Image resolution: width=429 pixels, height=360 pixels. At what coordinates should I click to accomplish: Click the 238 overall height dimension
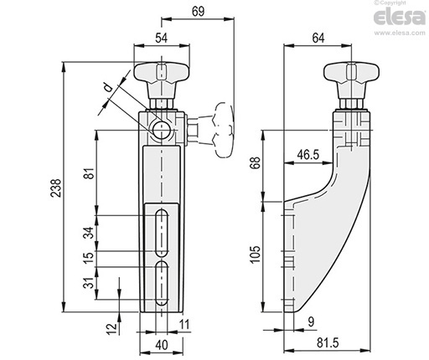click(x=56, y=188)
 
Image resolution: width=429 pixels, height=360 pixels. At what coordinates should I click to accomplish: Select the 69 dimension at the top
click(x=199, y=12)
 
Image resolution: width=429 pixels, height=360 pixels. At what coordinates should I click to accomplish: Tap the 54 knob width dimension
click(x=162, y=38)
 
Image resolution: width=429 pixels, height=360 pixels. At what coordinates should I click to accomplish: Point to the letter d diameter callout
click(x=108, y=88)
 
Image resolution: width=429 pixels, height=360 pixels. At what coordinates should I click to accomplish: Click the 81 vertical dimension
click(x=90, y=173)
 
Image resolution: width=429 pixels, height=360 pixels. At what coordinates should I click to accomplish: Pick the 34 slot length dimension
click(x=89, y=233)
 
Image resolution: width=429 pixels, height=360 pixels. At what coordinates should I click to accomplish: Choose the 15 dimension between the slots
click(x=89, y=258)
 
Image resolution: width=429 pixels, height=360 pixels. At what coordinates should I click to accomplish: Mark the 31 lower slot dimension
click(x=89, y=283)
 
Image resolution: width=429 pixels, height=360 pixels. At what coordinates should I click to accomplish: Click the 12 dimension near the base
click(x=111, y=328)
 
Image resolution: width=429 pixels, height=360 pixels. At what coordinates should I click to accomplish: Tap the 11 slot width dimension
click(x=184, y=325)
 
